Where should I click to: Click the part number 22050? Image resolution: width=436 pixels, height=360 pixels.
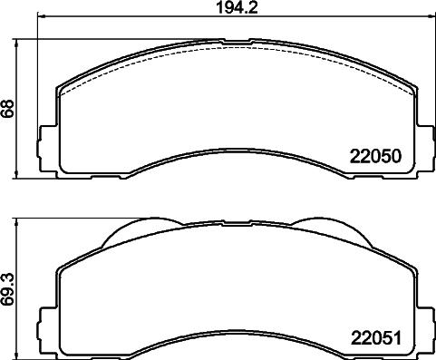point(375,156)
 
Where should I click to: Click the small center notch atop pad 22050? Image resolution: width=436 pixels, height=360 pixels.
point(236,41)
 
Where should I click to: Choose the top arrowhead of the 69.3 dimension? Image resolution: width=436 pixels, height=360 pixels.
point(21,220)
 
